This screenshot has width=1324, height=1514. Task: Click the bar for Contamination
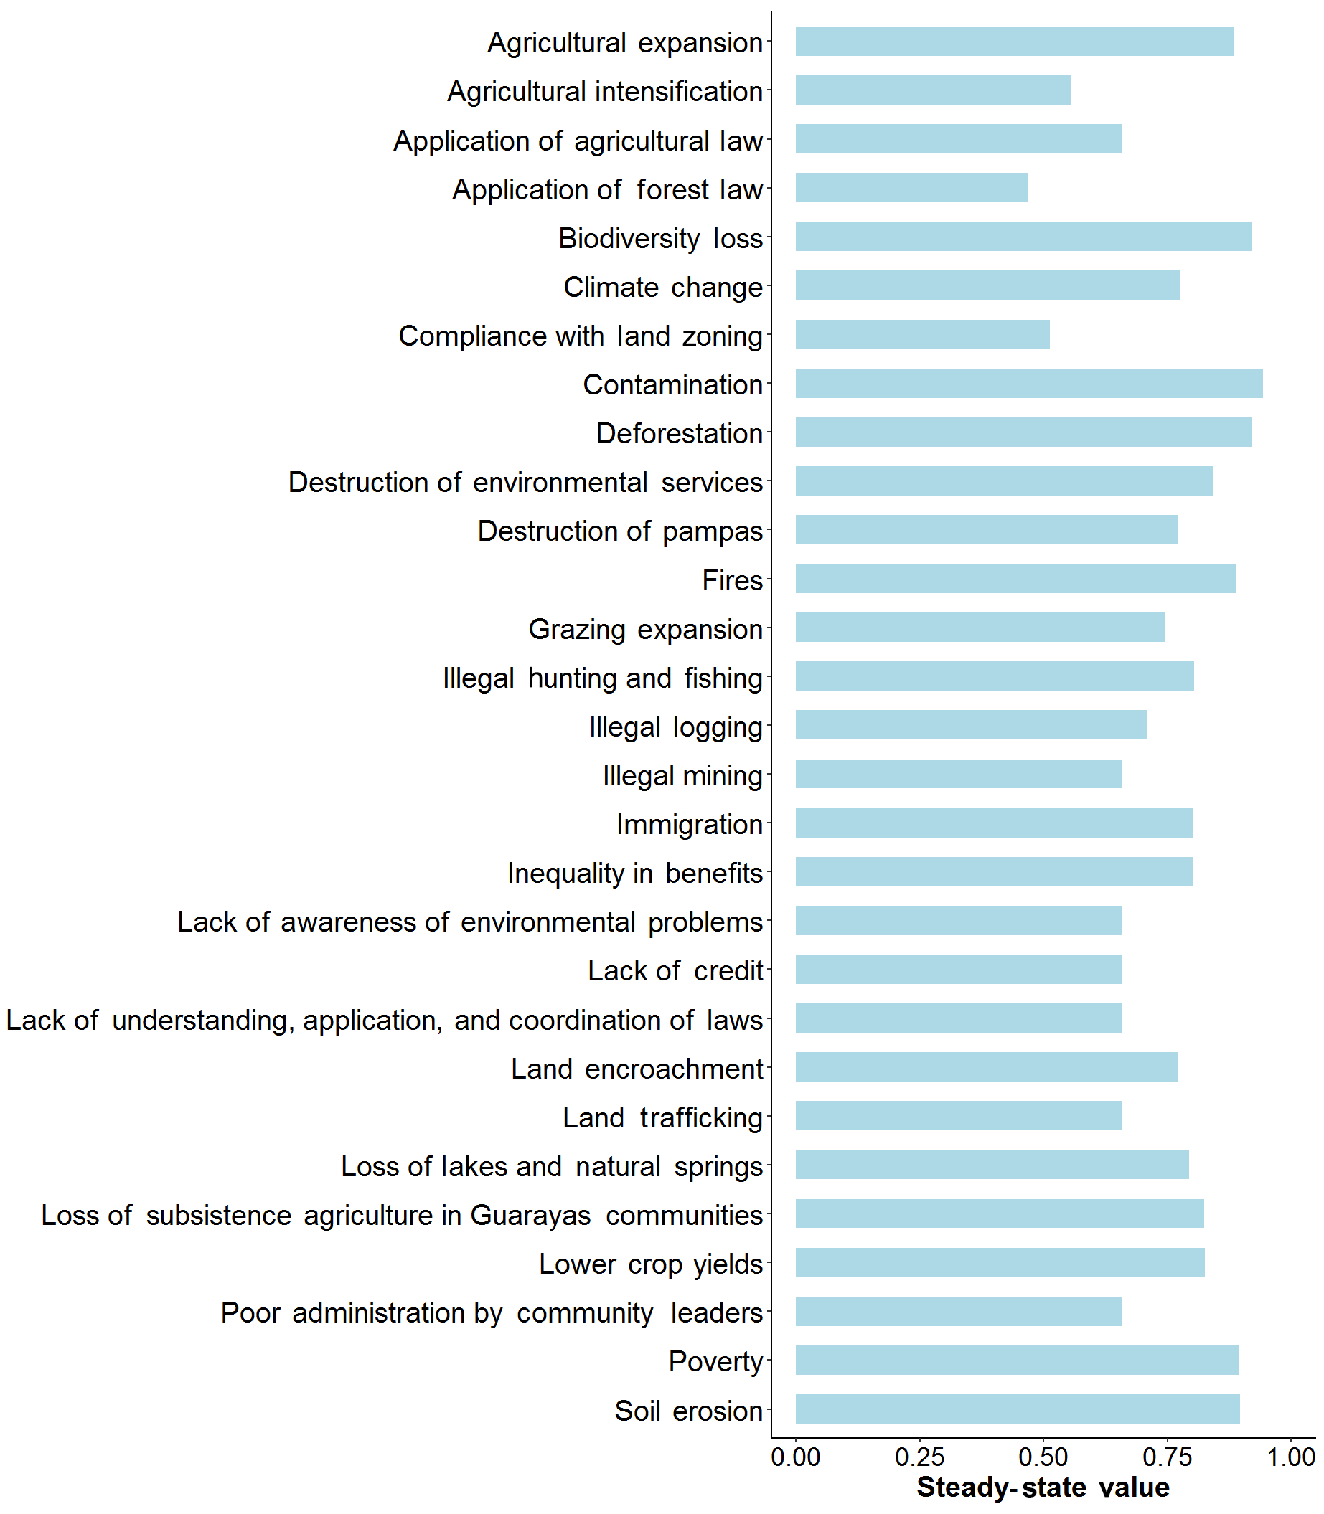pos(1028,383)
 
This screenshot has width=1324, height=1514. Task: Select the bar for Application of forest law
pos(911,188)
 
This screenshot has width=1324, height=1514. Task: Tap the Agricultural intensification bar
pos(932,90)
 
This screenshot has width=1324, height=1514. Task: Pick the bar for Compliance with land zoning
pos(922,333)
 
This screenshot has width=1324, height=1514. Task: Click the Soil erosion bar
pos(1018,1409)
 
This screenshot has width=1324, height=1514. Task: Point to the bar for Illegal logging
pos(971,724)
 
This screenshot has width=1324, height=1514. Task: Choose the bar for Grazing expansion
pos(980,627)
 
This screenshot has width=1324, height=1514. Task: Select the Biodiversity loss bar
pos(1023,237)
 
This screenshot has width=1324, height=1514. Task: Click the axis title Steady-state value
pos(1043,1487)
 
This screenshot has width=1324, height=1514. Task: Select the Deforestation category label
pos(679,433)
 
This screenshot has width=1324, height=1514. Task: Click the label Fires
pos(731,580)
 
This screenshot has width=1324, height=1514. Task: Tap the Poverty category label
pos(715,1361)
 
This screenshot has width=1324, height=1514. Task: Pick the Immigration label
pos(689,824)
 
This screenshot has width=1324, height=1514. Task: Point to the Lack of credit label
pos(675,970)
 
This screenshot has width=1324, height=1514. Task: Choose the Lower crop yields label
pos(650,1264)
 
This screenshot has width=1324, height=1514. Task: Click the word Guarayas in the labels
pos(530,1215)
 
